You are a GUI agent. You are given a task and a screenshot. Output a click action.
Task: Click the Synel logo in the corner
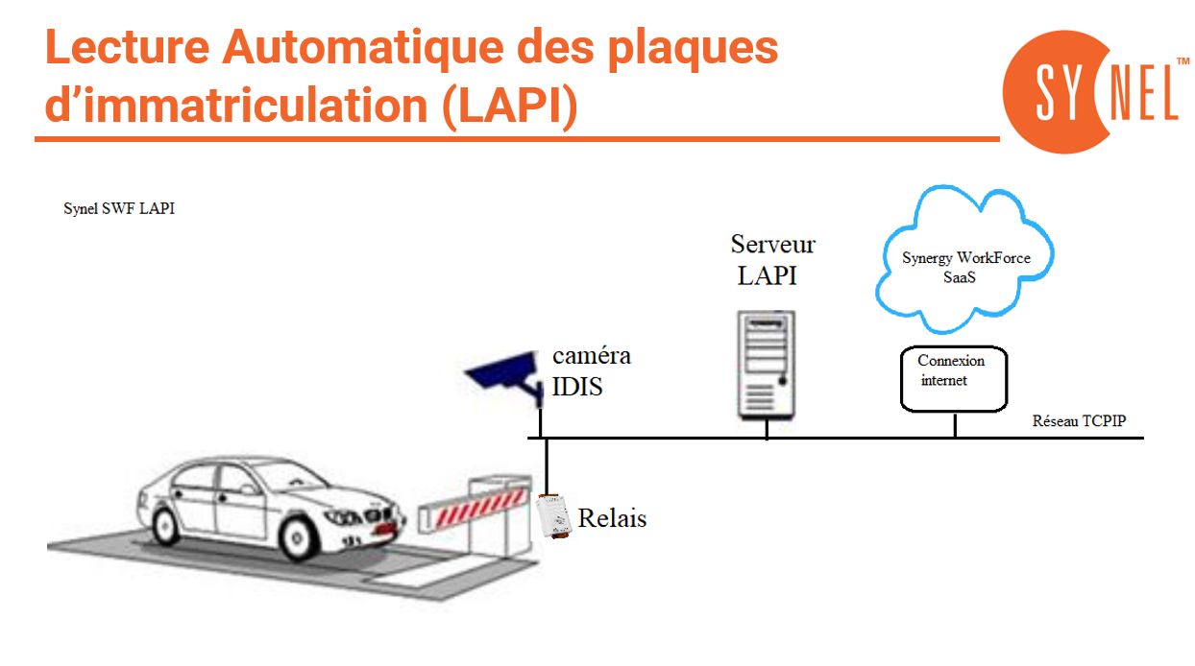click(1091, 91)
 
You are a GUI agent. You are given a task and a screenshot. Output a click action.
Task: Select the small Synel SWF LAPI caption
click(119, 209)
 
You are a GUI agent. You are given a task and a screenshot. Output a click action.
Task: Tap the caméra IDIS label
click(590, 371)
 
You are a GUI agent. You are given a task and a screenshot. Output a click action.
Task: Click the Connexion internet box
click(954, 377)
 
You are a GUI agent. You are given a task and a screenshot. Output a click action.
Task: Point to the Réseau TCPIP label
click(1078, 421)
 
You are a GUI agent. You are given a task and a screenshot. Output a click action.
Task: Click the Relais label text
click(612, 519)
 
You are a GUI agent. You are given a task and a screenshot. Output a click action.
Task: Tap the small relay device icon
click(553, 515)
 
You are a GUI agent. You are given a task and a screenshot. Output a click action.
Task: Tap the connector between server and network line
click(767, 428)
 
